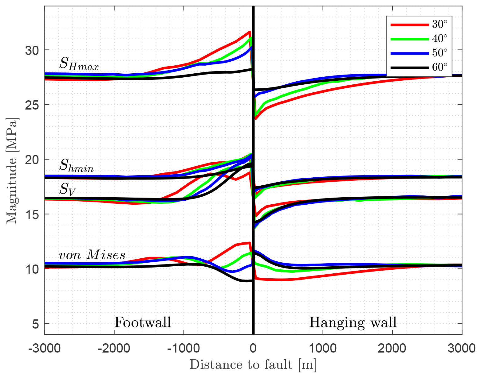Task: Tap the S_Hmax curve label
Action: (x=79, y=64)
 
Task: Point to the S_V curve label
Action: (x=67, y=189)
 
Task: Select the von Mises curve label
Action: (x=92, y=255)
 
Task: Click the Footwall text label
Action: (x=143, y=322)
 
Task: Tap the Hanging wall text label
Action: (x=353, y=322)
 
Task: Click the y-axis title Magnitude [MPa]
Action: (x=12, y=170)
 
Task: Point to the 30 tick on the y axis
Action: (x=32, y=50)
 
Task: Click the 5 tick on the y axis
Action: (x=36, y=324)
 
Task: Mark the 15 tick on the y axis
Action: (x=32, y=214)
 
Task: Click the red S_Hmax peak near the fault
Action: (x=249, y=32)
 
